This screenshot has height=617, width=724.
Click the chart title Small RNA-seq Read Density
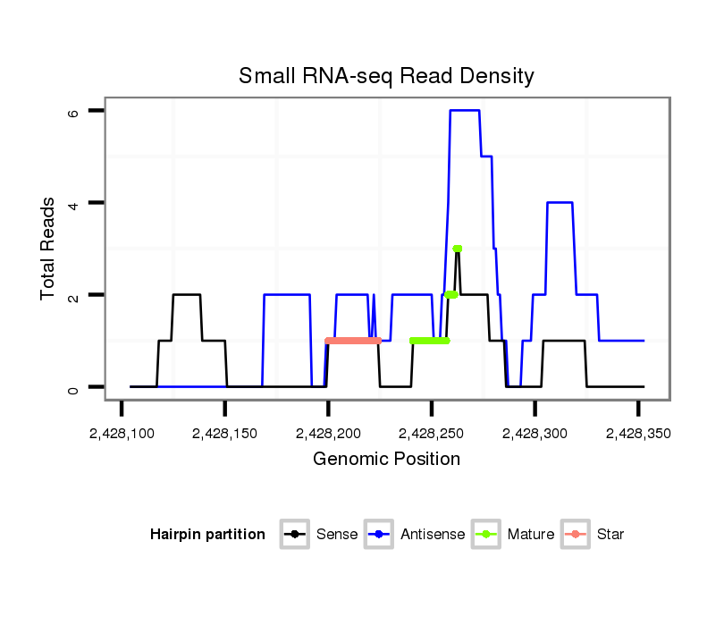[x=386, y=76]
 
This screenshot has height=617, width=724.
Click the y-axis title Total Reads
[x=49, y=249]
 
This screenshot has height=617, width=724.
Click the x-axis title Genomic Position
[x=386, y=460]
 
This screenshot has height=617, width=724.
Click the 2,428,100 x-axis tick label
[x=121, y=434]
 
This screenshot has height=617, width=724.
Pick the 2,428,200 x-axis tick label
[x=328, y=434]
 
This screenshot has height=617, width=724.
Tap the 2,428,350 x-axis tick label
[x=638, y=434]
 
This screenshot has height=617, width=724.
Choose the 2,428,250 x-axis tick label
[x=432, y=434]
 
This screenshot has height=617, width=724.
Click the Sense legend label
[x=337, y=535]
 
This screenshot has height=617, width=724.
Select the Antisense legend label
[x=433, y=535]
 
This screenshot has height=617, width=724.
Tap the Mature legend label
[x=531, y=535]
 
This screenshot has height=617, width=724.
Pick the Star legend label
[x=611, y=535]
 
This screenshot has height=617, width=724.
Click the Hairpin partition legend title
[x=208, y=535]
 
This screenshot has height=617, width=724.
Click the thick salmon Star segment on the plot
[x=354, y=341]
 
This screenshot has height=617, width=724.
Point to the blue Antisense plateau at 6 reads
[x=465, y=110]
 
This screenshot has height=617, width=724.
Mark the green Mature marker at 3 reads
[x=457, y=249]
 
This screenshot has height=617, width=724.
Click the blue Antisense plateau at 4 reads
[x=560, y=203]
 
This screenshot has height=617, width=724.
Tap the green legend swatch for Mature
[x=487, y=535]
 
